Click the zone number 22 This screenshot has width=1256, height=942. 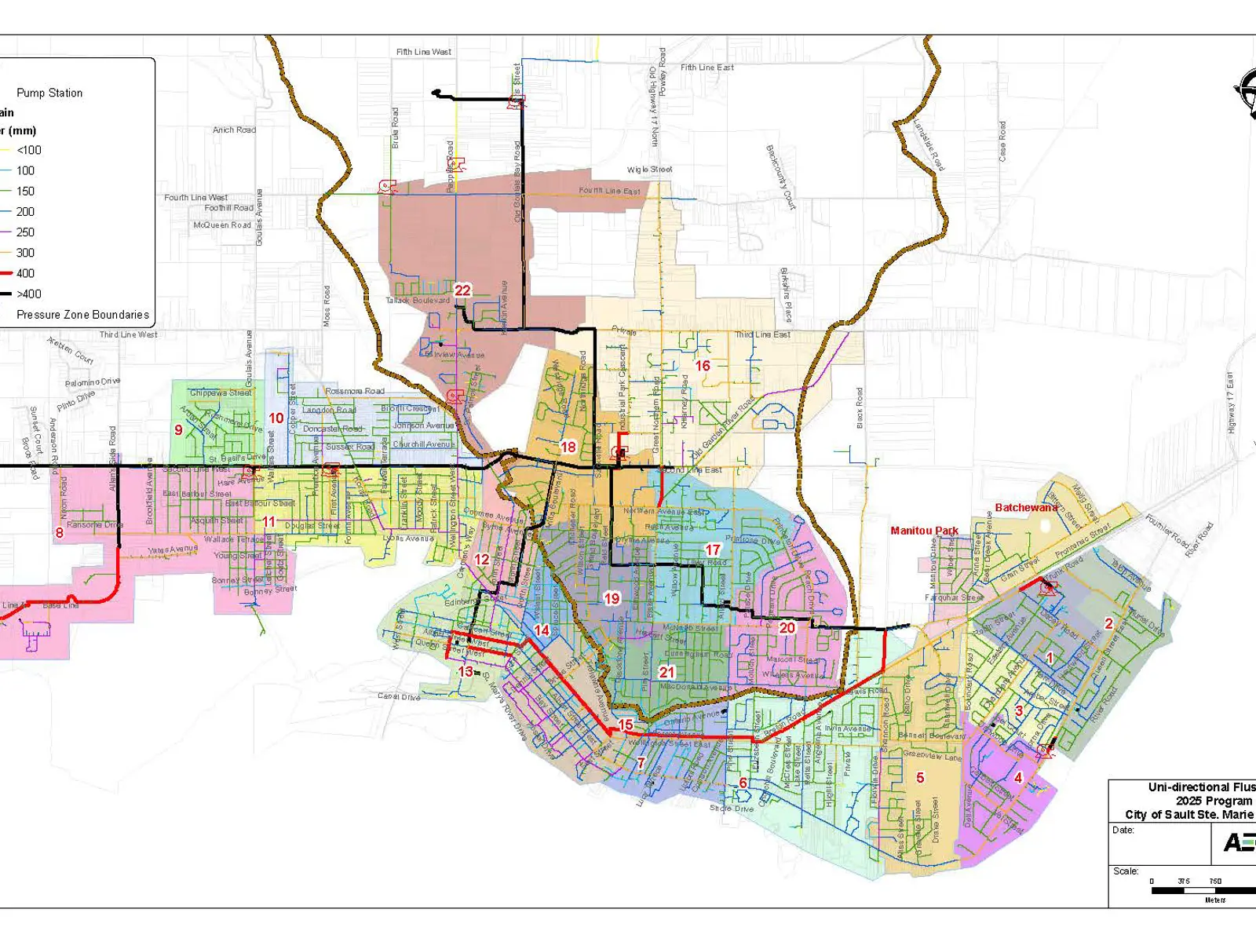[462, 290]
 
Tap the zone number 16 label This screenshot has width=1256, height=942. [703, 366]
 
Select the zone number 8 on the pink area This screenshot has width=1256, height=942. [59, 533]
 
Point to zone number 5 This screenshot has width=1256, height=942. [920, 778]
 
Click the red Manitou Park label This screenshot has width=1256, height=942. [924, 531]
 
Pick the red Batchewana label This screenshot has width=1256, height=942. [1026, 508]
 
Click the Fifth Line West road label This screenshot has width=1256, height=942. [424, 52]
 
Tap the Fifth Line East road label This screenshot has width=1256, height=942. [706, 68]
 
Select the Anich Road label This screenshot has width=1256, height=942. [234, 130]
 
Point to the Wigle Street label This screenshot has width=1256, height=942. [649, 170]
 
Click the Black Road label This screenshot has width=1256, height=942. [860, 407]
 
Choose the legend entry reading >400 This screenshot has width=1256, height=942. [29, 294]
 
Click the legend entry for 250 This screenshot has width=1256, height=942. [25, 232]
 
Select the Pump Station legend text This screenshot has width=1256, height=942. [49, 93]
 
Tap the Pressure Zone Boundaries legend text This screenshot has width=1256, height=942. [82, 315]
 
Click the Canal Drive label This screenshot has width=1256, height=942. [399, 696]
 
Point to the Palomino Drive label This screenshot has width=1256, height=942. [93, 383]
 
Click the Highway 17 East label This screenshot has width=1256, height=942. [1230, 403]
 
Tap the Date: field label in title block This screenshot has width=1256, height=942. [1123, 830]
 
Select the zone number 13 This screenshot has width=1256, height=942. [466, 672]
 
